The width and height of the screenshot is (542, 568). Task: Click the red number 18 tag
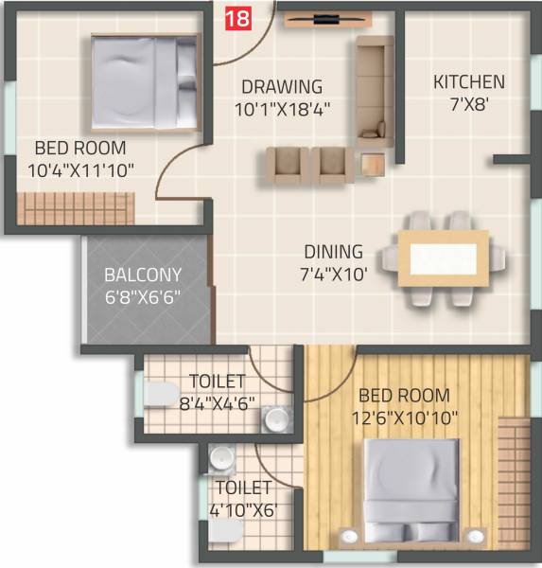(237, 16)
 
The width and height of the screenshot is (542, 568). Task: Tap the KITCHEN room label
(469, 82)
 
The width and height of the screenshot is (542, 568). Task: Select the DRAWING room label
(281, 87)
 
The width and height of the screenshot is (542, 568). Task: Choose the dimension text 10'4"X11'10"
(81, 170)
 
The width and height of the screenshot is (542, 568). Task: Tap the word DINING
(333, 253)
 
